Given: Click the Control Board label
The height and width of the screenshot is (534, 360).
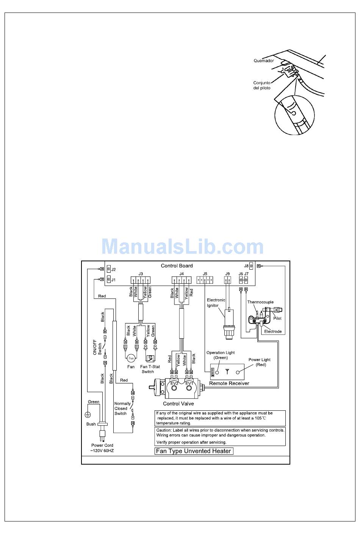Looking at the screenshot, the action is [177, 266].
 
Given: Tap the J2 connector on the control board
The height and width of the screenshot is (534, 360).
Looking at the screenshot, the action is [109, 269].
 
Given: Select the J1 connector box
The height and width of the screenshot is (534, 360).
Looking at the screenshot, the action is [109, 280].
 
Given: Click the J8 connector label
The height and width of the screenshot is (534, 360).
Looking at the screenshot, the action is [246, 266].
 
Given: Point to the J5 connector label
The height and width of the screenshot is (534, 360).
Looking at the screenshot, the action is [205, 273].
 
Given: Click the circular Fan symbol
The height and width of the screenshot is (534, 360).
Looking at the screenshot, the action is [131, 358].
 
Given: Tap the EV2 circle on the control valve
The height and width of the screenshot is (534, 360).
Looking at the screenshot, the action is [175, 388].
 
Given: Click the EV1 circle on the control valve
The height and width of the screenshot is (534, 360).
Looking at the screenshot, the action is [189, 388].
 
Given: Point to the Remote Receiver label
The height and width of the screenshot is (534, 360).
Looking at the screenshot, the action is [229, 383].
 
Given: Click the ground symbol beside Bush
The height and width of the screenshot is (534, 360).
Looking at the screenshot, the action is [88, 415].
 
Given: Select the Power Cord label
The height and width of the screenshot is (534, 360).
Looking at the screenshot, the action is [102, 448].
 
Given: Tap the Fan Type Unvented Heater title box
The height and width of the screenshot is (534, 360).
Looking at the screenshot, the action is [194, 451].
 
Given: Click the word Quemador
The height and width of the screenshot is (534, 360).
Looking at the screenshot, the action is [264, 61].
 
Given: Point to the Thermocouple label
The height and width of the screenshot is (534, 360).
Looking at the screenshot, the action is [260, 302].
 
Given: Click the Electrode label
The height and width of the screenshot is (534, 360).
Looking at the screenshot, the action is [273, 331].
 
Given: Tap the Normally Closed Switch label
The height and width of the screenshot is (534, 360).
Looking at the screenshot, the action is [122, 408].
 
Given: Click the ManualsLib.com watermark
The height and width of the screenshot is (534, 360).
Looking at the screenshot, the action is [183, 247].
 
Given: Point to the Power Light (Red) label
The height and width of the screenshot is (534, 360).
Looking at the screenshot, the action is [260, 362].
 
